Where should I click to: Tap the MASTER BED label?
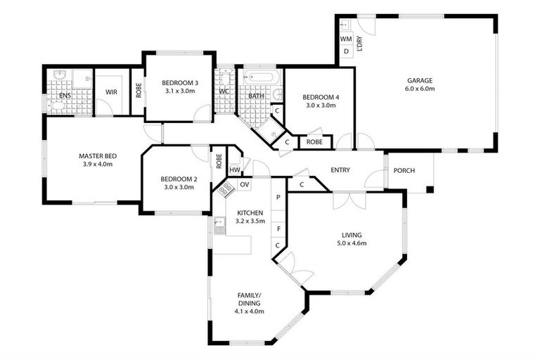[x=97, y=155]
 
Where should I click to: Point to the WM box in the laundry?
[x=345, y=39]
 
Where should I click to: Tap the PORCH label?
[x=404, y=171]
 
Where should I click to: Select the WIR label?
[x=111, y=92]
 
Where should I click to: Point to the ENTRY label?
[x=340, y=171]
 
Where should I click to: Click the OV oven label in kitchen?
[x=244, y=184]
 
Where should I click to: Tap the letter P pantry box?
[x=278, y=198]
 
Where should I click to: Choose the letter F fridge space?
[x=278, y=229]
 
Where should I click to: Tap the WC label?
[x=224, y=92]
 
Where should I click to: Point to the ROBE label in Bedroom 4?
[x=314, y=142]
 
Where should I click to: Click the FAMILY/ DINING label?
[x=248, y=300]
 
